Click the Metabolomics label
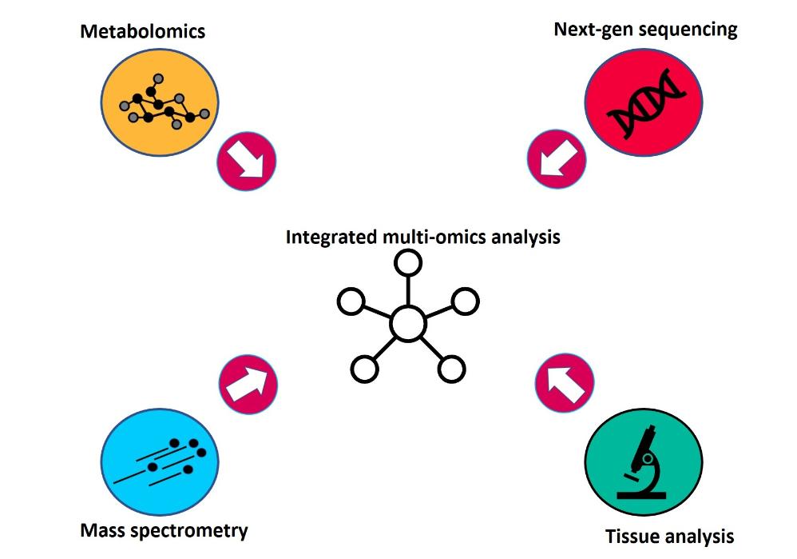tap(143, 32)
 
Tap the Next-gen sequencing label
tap(645, 30)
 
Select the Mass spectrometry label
tap(165, 530)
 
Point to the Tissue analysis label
tap(669, 536)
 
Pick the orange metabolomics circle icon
tap(161, 105)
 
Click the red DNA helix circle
tap(643, 103)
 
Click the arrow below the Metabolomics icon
tap(247, 160)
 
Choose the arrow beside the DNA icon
tap(556, 159)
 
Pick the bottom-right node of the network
tap(451, 369)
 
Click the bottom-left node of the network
tap(364, 369)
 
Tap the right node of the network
tap(465, 301)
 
